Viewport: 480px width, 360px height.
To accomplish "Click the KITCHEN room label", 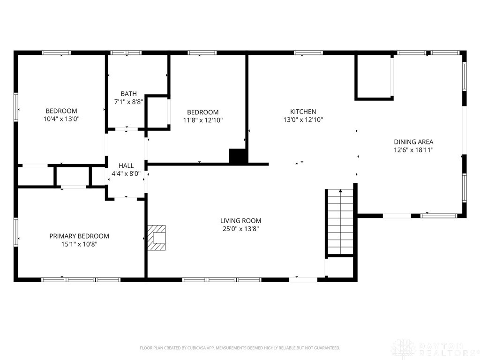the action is (x=303, y=112).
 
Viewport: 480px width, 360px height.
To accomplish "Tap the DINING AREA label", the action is (x=413, y=142).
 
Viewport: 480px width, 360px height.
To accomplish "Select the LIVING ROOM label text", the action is (x=240, y=220).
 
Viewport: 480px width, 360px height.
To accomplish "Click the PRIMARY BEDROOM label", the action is (x=79, y=236).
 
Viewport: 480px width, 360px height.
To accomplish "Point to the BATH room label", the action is (x=128, y=94).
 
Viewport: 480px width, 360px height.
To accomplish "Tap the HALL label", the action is (x=126, y=165).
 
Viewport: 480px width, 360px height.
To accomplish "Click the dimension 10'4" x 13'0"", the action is (x=61, y=119).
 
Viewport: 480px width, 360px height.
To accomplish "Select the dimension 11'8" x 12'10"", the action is (x=203, y=120).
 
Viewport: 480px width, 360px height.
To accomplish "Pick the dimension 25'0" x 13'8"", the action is (x=240, y=229).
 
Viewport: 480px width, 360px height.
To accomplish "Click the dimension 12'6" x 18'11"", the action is (x=413, y=150).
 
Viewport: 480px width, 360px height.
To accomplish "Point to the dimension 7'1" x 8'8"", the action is (x=128, y=102).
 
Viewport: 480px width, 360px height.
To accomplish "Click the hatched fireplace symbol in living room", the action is (x=157, y=238).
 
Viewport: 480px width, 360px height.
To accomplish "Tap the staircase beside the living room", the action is (x=340, y=222).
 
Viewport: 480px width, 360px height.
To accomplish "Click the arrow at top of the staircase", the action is (x=340, y=191).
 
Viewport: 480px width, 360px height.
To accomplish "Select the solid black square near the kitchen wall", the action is (x=238, y=156).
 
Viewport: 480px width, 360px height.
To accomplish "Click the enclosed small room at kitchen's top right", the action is (x=374, y=77).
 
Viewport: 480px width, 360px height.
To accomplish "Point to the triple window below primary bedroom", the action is (x=81, y=279).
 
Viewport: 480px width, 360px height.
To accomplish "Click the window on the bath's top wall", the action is (x=126, y=52).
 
